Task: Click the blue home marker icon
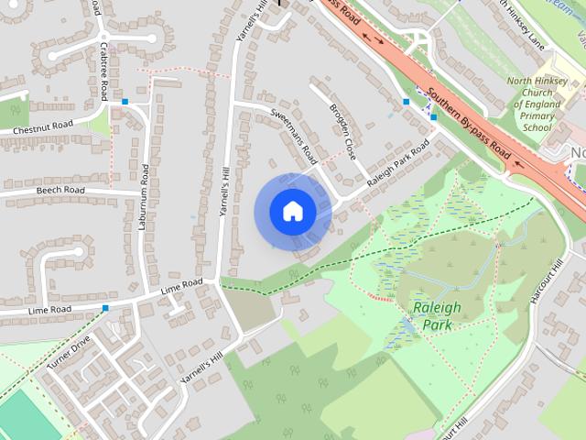click(x=292, y=211)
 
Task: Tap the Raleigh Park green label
click(x=437, y=315)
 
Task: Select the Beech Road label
click(x=60, y=191)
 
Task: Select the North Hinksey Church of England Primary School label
click(x=542, y=104)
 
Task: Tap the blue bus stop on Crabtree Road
click(x=125, y=102)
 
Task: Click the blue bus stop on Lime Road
click(x=106, y=308)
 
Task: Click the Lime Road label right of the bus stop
click(x=181, y=286)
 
